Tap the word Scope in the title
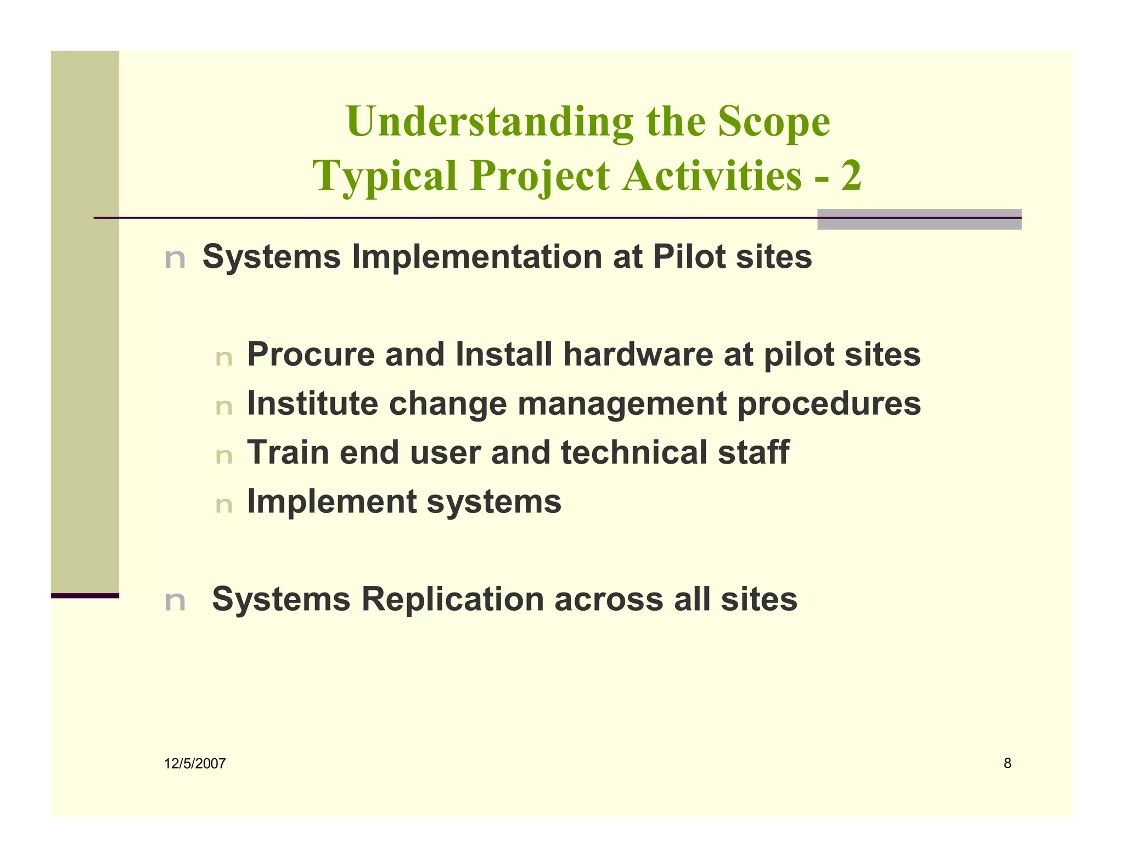point(774,122)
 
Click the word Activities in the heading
point(712,176)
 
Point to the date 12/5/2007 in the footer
point(195,763)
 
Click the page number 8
point(1007,763)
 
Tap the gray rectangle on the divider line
point(919,219)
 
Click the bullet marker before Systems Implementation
point(175,258)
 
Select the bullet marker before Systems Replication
point(175,601)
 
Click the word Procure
point(311,354)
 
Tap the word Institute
point(312,403)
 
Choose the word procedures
point(829,403)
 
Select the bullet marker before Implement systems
point(224,504)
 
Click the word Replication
point(452,599)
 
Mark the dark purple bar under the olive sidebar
point(85,595)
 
